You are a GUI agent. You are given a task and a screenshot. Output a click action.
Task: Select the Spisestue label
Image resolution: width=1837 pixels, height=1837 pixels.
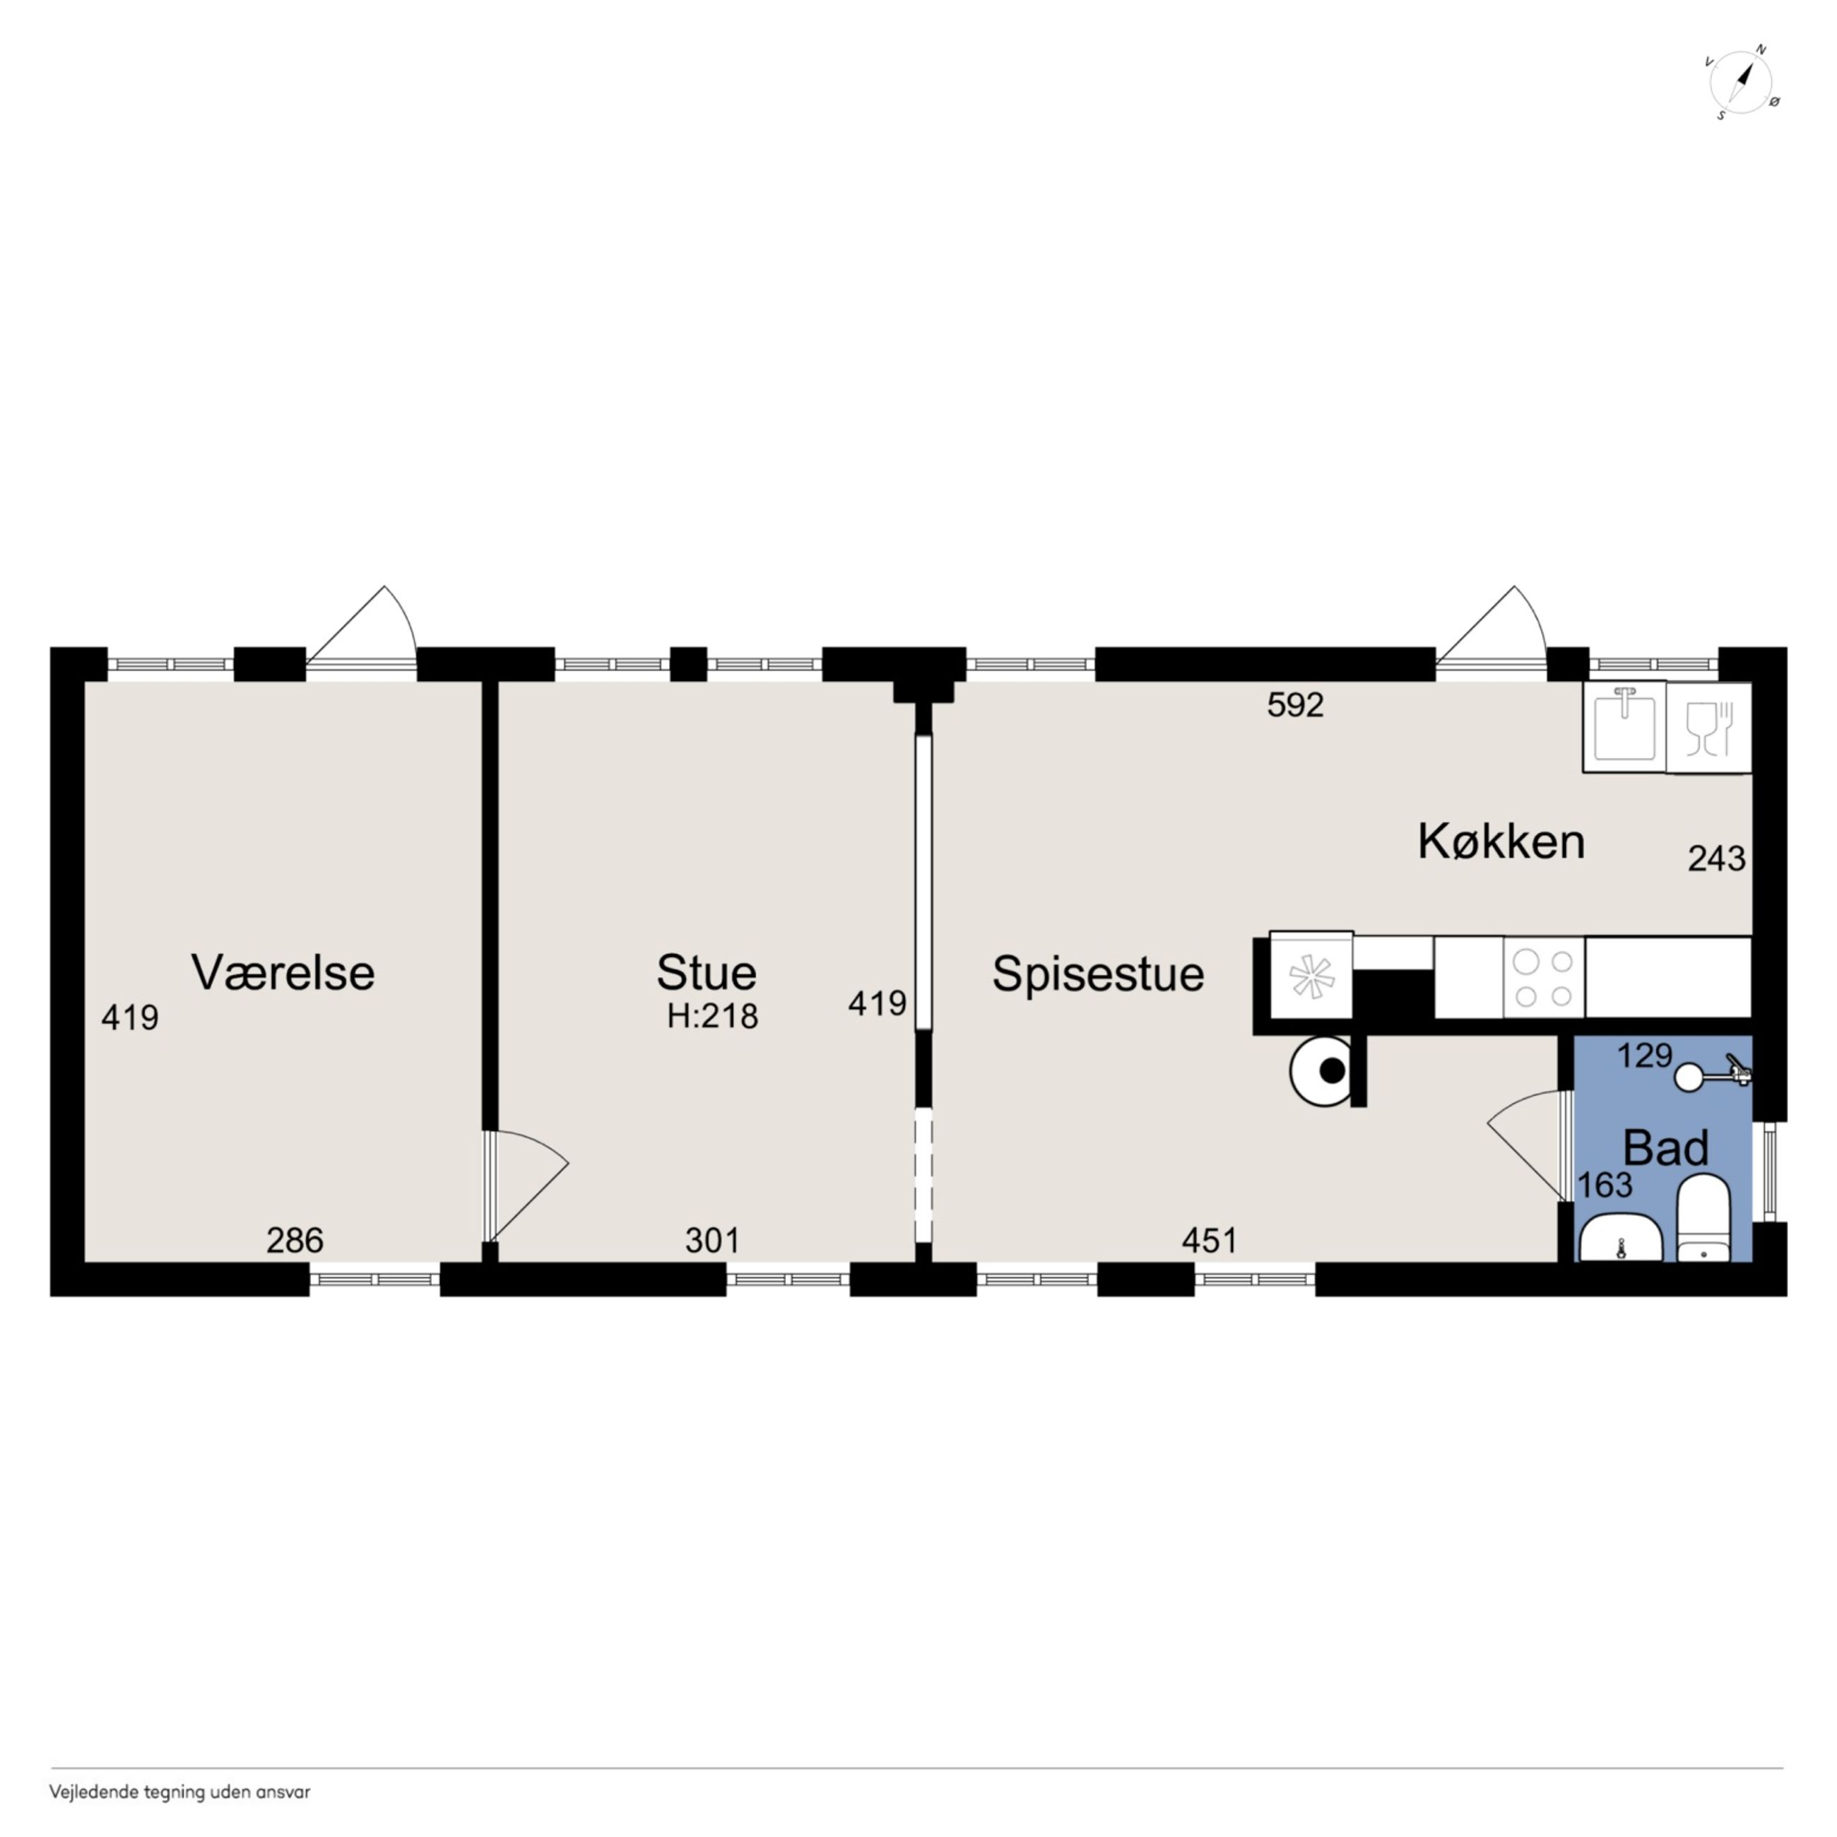1098,974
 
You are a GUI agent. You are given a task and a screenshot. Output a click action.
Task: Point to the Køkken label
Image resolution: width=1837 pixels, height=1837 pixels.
1501,842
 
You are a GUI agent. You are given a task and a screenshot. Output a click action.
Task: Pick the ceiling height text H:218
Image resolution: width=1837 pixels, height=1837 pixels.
712,1017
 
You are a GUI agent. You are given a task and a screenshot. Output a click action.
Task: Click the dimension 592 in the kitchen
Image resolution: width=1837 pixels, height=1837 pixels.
1295,704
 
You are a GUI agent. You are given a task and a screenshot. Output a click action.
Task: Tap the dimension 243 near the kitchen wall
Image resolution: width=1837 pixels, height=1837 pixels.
1716,858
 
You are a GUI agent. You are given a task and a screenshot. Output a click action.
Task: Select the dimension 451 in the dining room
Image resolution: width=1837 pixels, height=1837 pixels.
1210,1240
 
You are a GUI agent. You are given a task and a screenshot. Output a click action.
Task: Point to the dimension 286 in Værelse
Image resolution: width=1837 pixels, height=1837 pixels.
295,1240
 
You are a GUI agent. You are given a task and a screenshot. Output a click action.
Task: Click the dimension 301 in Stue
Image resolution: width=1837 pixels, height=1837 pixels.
712,1240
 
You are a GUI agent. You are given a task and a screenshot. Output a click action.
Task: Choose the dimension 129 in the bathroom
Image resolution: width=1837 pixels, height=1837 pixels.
1645,1056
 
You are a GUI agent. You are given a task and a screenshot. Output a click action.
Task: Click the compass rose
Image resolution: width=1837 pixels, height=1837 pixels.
1741,83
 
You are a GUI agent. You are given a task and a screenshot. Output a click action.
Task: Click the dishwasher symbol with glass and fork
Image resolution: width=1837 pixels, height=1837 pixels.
1708,728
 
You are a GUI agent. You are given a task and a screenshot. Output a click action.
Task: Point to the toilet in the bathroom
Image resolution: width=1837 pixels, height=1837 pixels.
1703,1218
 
